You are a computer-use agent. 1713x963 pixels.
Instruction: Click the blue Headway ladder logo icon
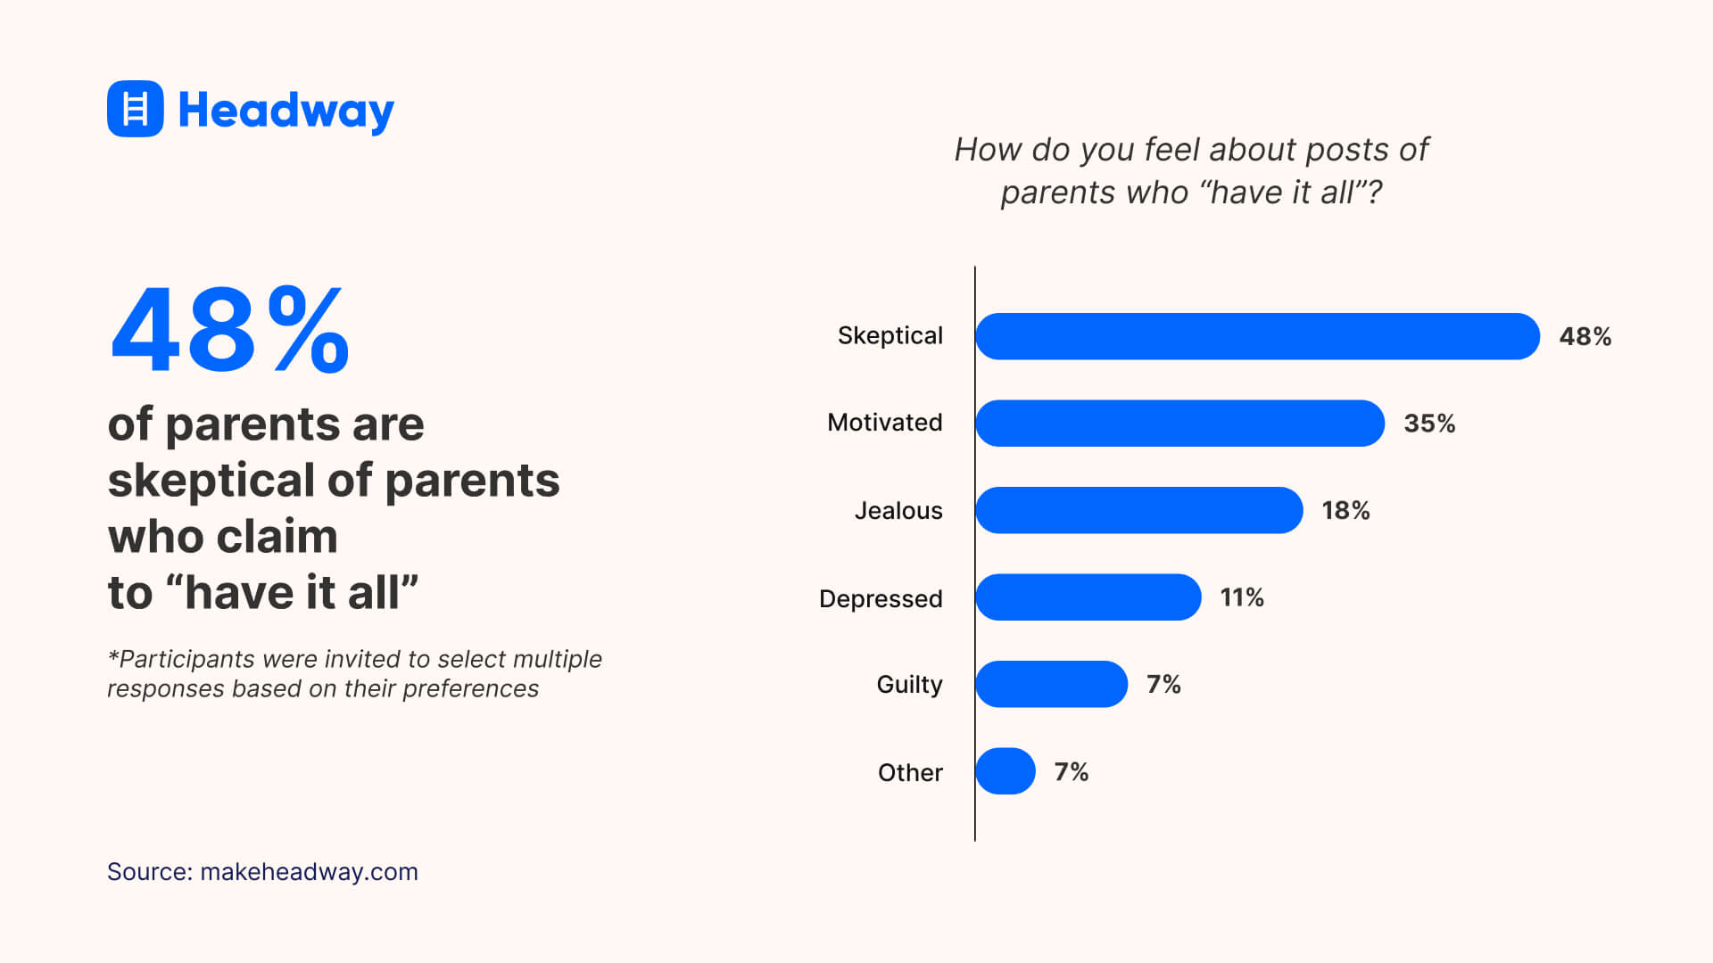135,109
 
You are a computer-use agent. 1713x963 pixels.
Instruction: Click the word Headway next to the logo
285,111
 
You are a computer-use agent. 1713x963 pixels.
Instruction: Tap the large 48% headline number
229,330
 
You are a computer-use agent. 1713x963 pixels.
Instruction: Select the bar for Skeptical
1257,336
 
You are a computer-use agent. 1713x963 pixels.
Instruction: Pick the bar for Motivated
1179,424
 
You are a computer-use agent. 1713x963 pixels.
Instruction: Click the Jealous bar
1138,510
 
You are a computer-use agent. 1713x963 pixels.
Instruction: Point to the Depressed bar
1088,597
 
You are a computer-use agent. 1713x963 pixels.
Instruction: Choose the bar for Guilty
1051,684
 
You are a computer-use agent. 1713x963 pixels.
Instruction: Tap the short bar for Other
1005,771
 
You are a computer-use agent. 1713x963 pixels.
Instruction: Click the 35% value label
1429,424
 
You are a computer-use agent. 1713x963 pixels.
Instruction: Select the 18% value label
1345,510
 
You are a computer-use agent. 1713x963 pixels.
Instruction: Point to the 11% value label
1242,597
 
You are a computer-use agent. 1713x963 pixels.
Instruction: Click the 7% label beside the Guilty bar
1163,684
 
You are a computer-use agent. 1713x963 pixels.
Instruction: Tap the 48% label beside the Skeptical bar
1585,336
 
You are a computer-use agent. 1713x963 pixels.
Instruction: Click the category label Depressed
881,598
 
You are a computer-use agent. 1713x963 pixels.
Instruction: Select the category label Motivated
884,423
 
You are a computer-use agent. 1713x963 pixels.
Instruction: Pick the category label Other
910,772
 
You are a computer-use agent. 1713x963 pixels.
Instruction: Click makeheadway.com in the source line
309,872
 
